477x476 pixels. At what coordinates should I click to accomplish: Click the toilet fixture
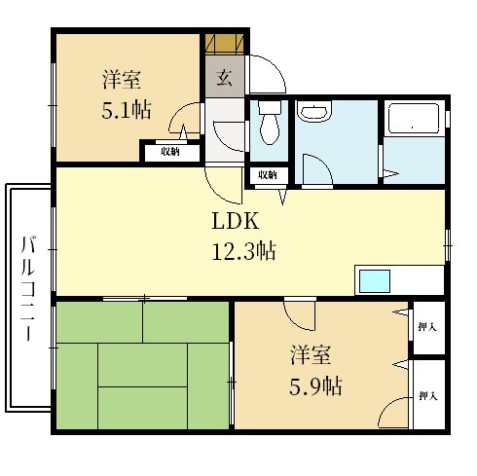click(x=270, y=123)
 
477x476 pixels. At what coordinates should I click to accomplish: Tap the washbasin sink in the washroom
click(x=314, y=111)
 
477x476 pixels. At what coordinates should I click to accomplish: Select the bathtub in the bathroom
click(x=414, y=119)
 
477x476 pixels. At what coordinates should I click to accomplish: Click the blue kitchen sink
click(x=375, y=281)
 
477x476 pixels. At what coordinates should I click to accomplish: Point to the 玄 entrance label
click(x=225, y=78)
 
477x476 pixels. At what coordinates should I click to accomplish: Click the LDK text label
click(x=236, y=221)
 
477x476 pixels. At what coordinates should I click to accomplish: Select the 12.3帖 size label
click(x=244, y=251)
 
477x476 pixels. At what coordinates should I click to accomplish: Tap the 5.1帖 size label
click(x=127, y=110)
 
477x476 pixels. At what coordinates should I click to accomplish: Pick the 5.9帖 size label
click(x=315, y=385)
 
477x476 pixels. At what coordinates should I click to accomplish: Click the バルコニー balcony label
click(x=28, y=289)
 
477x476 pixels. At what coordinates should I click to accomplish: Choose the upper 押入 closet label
click(x=427, y=326)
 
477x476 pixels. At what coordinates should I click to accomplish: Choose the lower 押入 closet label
click(x=428, y=395)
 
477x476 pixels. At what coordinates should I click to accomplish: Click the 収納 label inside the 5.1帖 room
click(x=170, y=152)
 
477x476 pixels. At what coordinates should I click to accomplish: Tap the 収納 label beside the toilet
click(x=268, y=175)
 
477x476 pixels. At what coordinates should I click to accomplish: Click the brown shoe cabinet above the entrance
click(x=224, y=44)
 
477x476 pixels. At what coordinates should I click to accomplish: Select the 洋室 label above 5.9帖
click(x=311, y=355)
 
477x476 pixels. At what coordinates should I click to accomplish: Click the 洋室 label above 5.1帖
click(x=122, y=80)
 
